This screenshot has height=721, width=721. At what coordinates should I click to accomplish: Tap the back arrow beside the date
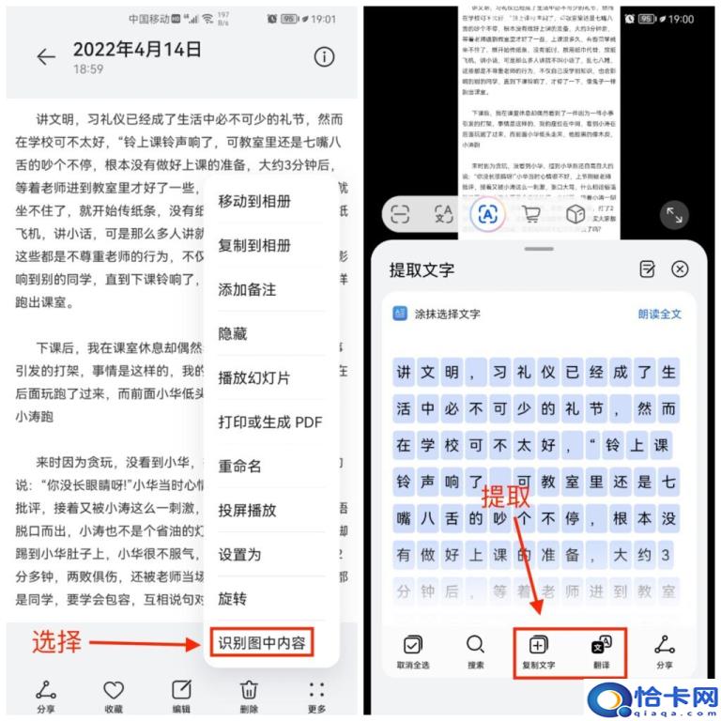(x=46, y=57)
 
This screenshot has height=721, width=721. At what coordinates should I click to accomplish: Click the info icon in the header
(x=324, y=56)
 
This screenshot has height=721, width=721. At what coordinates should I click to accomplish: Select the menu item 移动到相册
(x=254, y=202)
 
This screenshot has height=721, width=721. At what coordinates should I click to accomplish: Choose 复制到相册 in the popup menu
(x=254, y=246)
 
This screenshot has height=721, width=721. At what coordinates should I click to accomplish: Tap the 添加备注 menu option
(x=247, y=290)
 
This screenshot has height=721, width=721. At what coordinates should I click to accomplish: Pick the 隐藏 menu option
(x=233, y=334)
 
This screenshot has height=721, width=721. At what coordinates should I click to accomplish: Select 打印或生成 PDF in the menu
(x=269, y=422)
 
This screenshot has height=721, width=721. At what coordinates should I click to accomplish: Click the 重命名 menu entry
(x=239, y=467)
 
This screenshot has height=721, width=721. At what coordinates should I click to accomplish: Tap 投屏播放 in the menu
(x=247, y=511)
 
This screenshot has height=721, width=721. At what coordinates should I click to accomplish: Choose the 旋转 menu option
(x=233, y=599)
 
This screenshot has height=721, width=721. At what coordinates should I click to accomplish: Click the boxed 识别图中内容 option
(x=262, y=643)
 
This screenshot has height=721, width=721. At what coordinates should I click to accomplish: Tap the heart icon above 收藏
(x=114, y=690)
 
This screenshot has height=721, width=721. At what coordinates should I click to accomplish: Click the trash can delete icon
(x=250, y=690)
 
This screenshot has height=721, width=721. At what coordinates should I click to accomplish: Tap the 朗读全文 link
(x=660, y=314)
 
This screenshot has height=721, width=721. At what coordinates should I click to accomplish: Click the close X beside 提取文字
(x=680, y=269)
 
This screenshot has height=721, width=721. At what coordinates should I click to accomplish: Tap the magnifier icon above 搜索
(x=476, y=645)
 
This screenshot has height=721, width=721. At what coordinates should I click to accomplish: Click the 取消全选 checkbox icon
(x=412, y=645)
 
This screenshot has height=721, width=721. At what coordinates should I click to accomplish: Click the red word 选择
(x=57, y=643)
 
